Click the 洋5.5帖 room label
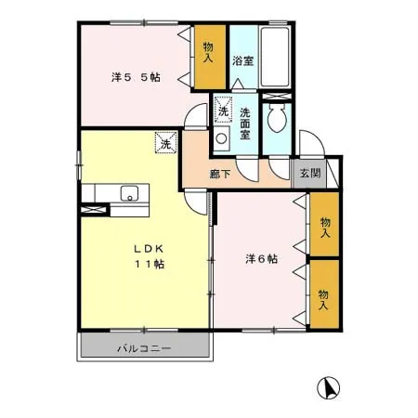(x=136, y=77)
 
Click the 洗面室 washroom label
(x=246, y=124)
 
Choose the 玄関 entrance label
(x=307, y=172)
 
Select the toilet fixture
(x=277, y=119)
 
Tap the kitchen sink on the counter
(x=129, y=193)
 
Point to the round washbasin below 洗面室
(x=222, y=140)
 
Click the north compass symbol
(x=327, y=385)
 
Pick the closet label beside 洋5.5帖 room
(x=208, y=54)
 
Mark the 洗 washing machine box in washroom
(x=223, y=111)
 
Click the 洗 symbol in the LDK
(x=164, y=144)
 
